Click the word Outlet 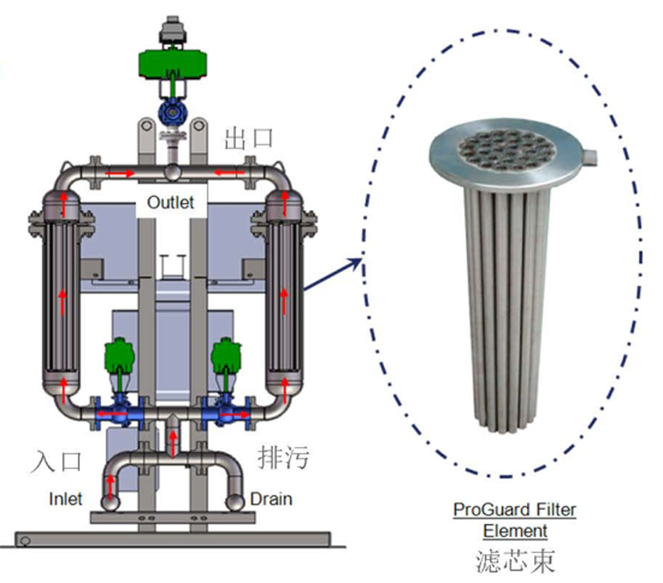tap(170, 202)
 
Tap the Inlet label tap(64, 499)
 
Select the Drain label tap(271, 499)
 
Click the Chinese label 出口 tap(248, 137)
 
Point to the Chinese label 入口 tap(57, 461)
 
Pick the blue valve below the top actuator tap(172, 112)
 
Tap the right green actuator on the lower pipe tap(226, 354)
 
